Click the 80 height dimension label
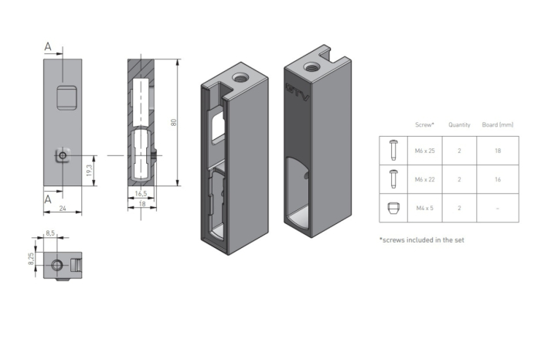click(174, 122)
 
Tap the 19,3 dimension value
click(90, 171)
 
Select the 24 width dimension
click(63, 208)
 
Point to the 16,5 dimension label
click(141, 193)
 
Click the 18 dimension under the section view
click(141, 204)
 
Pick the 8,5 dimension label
click(50, 233)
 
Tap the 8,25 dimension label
click(31, 259)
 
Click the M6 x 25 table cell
click(425, 151)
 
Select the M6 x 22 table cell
click(425, 179)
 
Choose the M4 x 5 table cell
click(425, 208)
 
